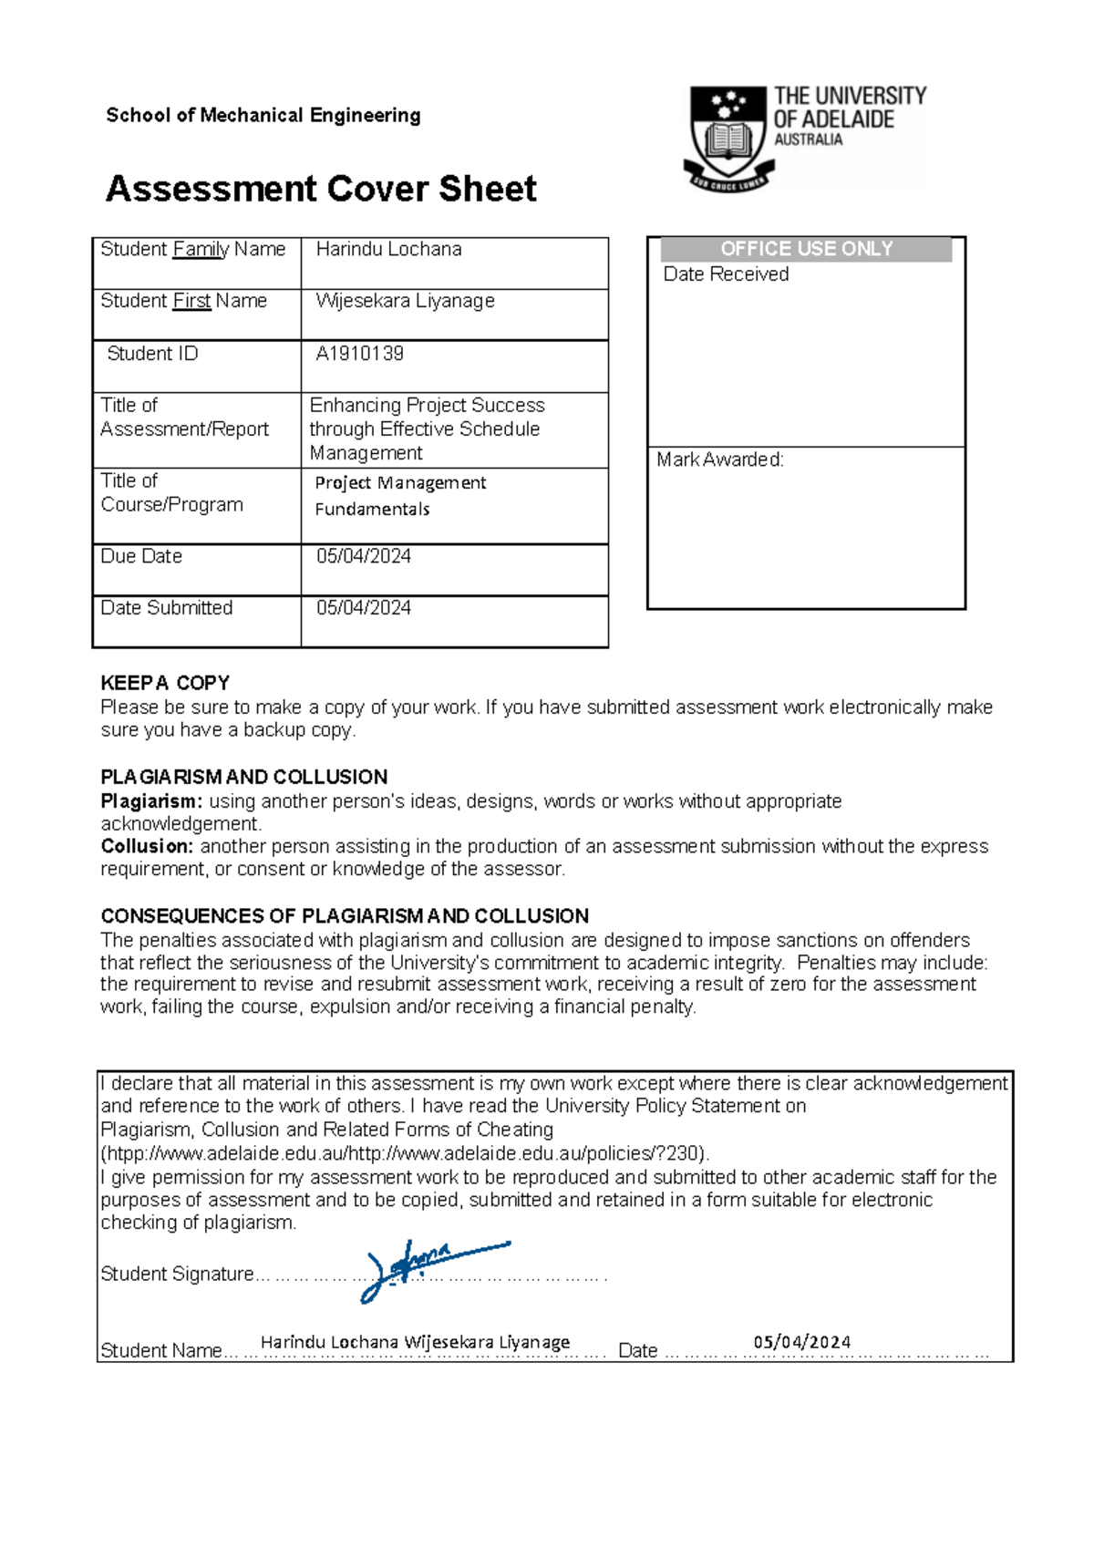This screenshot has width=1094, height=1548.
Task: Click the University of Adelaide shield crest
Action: (x=728, y=137)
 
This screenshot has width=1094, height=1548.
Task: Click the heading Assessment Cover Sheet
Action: (x=321, y=189)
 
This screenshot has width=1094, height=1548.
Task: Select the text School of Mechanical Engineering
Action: (x=263, y=115)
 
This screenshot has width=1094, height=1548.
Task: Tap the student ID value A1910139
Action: (x=359, y=354)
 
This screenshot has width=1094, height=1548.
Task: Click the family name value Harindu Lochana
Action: (x=388, y=249)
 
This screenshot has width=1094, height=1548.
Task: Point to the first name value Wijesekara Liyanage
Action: (x=405, y=301)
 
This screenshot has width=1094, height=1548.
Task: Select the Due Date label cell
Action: (x=141, y=556)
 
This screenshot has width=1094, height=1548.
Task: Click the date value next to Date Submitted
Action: (x=363, y=608)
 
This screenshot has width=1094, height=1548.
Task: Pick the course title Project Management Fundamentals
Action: (x=399, y=495)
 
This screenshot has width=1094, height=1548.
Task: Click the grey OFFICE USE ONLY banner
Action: (x=806, y=249)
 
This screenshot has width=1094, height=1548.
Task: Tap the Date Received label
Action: (x=726, y=274)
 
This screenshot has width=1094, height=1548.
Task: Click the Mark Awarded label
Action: (x=719, y=459)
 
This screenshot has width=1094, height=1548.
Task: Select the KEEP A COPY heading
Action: (x=165, y=683)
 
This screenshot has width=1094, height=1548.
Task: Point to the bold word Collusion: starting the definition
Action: (x=147, y=846)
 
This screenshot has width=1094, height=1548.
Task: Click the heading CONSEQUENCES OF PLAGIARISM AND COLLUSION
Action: (x=345, y=915)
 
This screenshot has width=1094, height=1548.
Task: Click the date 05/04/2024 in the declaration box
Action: (x=801, y=1342)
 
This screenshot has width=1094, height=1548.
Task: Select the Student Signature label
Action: (x=177, y=1274)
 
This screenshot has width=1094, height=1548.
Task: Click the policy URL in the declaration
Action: (x=404, y=1153)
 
